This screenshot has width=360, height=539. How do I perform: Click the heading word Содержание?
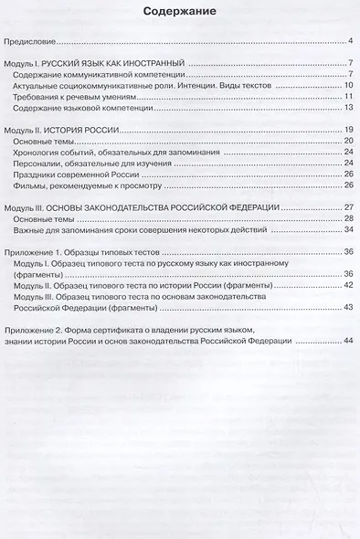pos(179,14)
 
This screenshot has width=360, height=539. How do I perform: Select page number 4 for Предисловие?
pos(350,41)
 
